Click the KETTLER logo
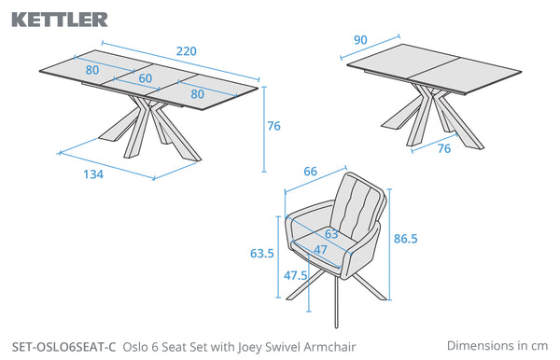(x=60, y=20)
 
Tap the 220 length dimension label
(x=186, y=51)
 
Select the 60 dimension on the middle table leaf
(x=146, y=78)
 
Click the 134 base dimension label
(x=93, y=174)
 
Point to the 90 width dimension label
(x=360, y=40)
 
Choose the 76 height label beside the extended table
(x=273, y=126)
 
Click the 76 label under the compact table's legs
(x=444, y=148)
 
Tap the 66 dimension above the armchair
(x=310, y=172)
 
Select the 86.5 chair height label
(x=405, y=239)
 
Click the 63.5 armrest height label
(x=261, y=254)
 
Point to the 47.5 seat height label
(x=295, y=275)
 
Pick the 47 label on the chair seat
(x=320, y=250)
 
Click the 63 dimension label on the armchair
(x=331, y=234)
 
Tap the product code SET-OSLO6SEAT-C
(x=63, y=347)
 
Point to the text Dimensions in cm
(x=497, y=346)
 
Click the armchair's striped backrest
(x=357, y=206)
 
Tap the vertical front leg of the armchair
(x=336, y=302)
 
